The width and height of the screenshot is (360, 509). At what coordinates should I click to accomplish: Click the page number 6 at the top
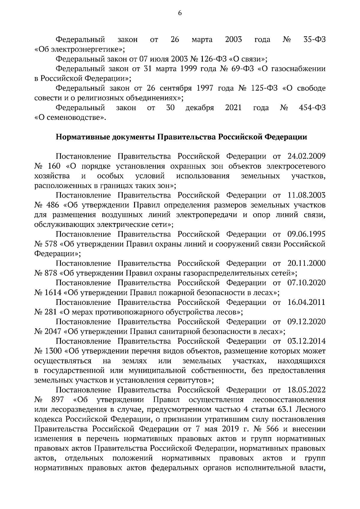pos(180,13)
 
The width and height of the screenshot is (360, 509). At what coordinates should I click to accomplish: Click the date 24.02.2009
pos(306,156)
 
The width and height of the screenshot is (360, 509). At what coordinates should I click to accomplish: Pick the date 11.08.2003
pos(306,195)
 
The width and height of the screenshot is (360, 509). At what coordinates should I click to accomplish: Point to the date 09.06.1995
pos(306,234)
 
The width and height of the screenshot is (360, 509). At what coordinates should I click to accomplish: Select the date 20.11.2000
pos(306,263)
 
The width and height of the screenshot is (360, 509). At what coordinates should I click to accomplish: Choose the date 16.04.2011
pos(306,302)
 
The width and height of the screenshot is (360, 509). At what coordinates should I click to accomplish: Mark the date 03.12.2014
pos(306,341)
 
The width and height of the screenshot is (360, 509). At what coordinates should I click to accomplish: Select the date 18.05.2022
pos(306,390)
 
